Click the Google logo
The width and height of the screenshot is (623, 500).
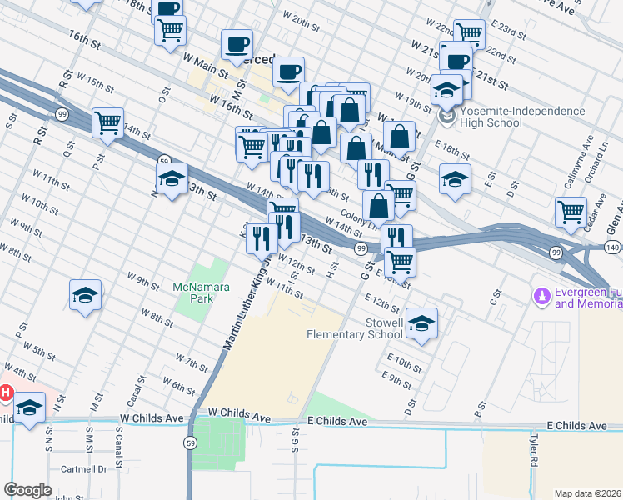pos(27,490)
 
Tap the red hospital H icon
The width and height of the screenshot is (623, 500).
pos(5,392)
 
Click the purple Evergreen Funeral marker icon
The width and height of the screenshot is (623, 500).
pos(542,296)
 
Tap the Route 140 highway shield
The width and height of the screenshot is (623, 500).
pos(612,248)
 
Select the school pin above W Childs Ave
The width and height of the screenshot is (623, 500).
pos(30,407)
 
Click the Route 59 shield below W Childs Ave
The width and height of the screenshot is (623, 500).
pos(192,442)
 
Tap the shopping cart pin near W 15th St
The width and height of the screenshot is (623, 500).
pos(107,123)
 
